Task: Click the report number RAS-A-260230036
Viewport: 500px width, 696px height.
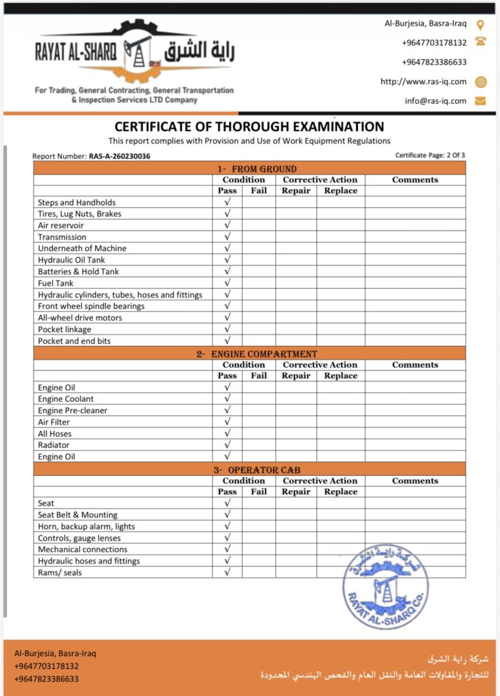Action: pyautogui.click(x=120, y=156)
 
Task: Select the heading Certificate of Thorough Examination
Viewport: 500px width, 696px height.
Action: pyautogui.click(x=249, y=126)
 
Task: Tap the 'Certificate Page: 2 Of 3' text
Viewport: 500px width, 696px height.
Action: pyautogui.click(x=430, y=155)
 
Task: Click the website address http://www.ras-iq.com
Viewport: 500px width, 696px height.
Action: pyautogui.click(x=423, y=82)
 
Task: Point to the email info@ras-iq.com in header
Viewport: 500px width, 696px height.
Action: pyautogui.click(x=435, y=101)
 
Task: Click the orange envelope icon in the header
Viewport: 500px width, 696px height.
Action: pyautogui.click(x=480, y=101)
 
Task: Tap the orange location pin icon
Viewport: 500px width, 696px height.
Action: pyautogui.click(x=480, y=25)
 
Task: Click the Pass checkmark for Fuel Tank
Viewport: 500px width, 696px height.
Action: pyautogui.click(x=228, y=283)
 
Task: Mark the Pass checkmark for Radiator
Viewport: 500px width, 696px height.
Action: pyautogui.click(x=228, y=445)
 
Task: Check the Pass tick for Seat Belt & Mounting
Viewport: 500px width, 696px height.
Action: pyautogui.click(x=228, y=515)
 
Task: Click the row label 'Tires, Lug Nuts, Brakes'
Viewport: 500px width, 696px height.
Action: pyautogui.click(x=79, y=213)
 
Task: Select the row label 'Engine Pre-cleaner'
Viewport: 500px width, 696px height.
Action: pyautogui.click(x=73, y=411)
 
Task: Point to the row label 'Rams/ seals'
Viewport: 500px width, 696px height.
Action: pyautogui.click(x=60, y=572)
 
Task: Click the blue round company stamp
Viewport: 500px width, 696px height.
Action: pyautogui.click(x=385, y=585)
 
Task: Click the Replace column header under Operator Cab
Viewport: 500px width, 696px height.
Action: pyautogui.click(x=340, y=492)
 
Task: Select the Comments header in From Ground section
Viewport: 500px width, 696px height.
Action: pyautogui.click(x=415, y=179)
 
